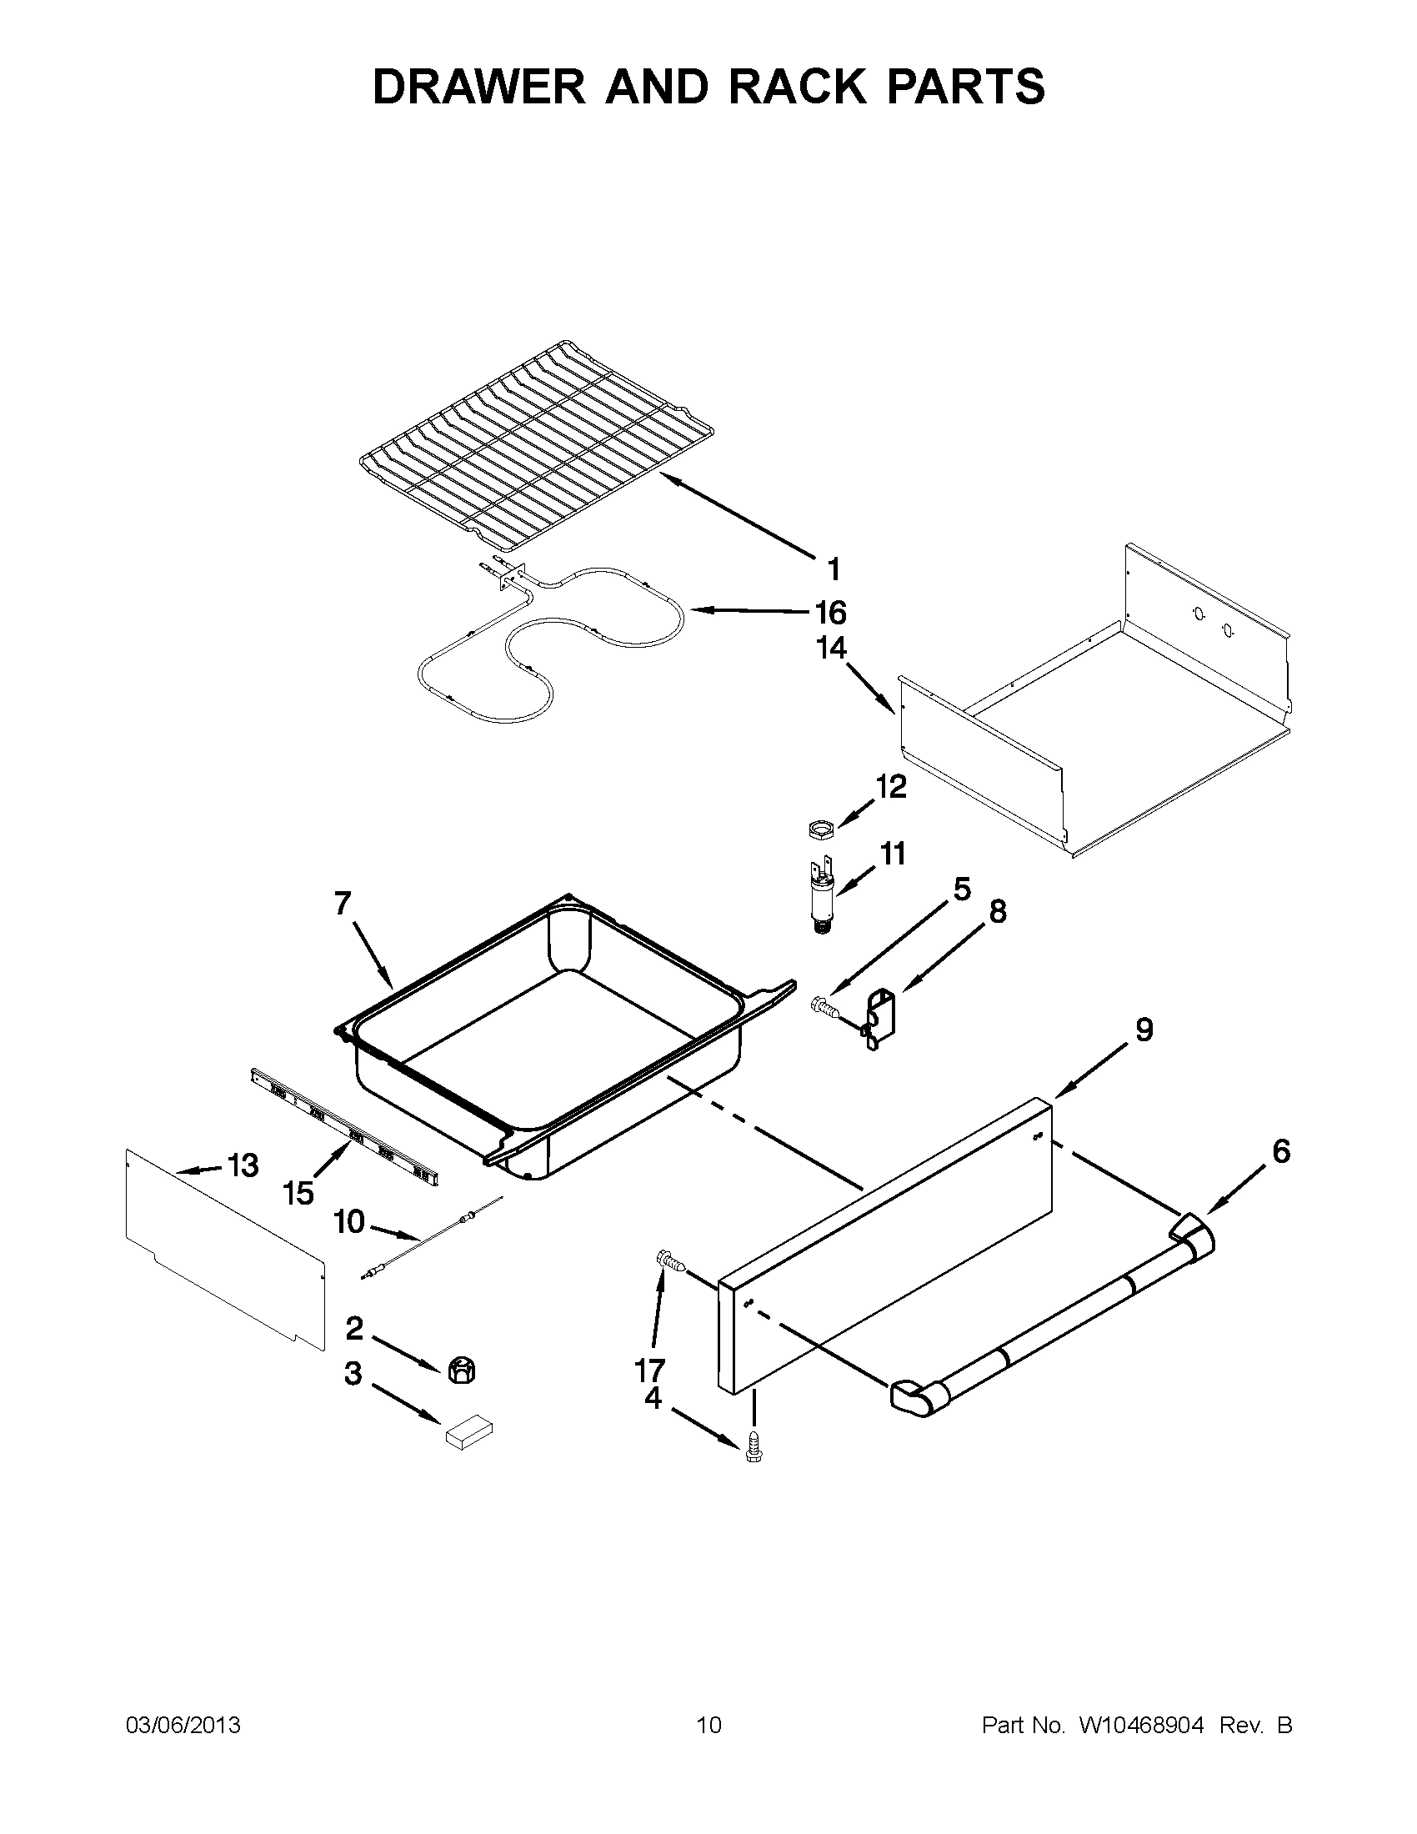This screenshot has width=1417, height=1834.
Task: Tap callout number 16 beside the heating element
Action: (x=829, y=613)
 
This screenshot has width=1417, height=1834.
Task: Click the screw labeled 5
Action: (x=822, y=1005)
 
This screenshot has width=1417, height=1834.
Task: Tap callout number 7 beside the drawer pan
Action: (x=342, y=903)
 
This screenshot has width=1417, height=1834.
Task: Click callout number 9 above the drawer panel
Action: (x=1144, y=1030)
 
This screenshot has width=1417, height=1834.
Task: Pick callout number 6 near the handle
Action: (x=1281, y=1151)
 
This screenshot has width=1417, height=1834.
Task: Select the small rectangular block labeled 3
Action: (x=468, y=1432)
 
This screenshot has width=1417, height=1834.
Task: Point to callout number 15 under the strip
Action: (x=299, y=1192)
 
